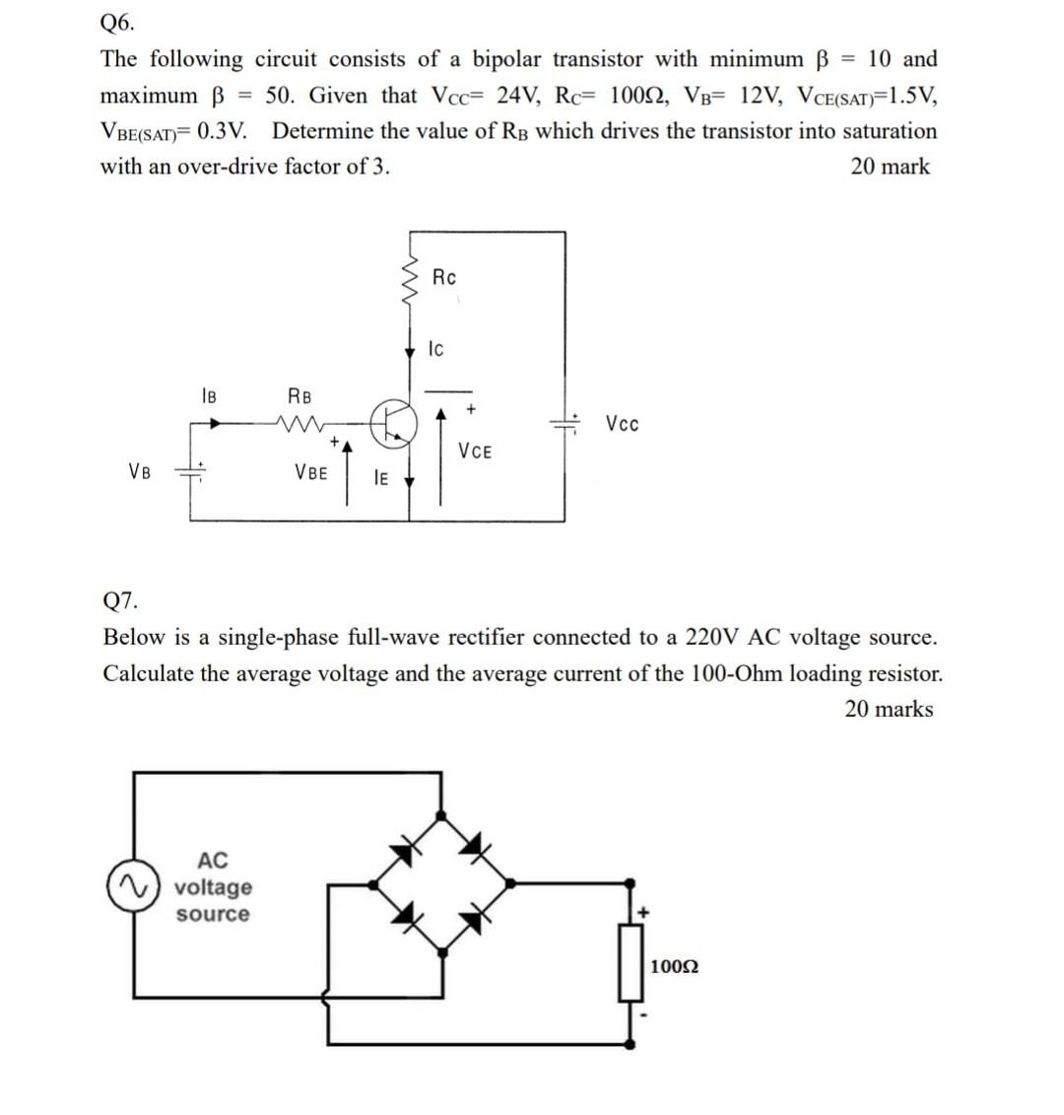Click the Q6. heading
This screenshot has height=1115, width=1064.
[x=118, y=21]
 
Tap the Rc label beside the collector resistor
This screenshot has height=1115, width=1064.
[x=444, y=277]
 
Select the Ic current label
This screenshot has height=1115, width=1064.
[x=436, y=349]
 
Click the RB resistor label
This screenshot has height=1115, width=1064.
[x=299, y=396]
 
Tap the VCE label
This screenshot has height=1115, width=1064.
[x=475, y=452]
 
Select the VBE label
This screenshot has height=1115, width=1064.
[x=311, y=471]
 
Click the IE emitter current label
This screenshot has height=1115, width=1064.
[x=380, y=478]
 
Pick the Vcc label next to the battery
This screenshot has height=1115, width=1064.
[x=623, y=424]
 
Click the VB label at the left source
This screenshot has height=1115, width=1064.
[x=140, y=470]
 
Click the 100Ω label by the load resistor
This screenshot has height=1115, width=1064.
[x=675, y=967]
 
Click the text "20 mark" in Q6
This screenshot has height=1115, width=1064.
[x=890, y=167]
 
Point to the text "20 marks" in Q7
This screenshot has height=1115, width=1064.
[x=889, y=709]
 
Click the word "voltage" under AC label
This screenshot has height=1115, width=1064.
[x=213, y=887]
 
